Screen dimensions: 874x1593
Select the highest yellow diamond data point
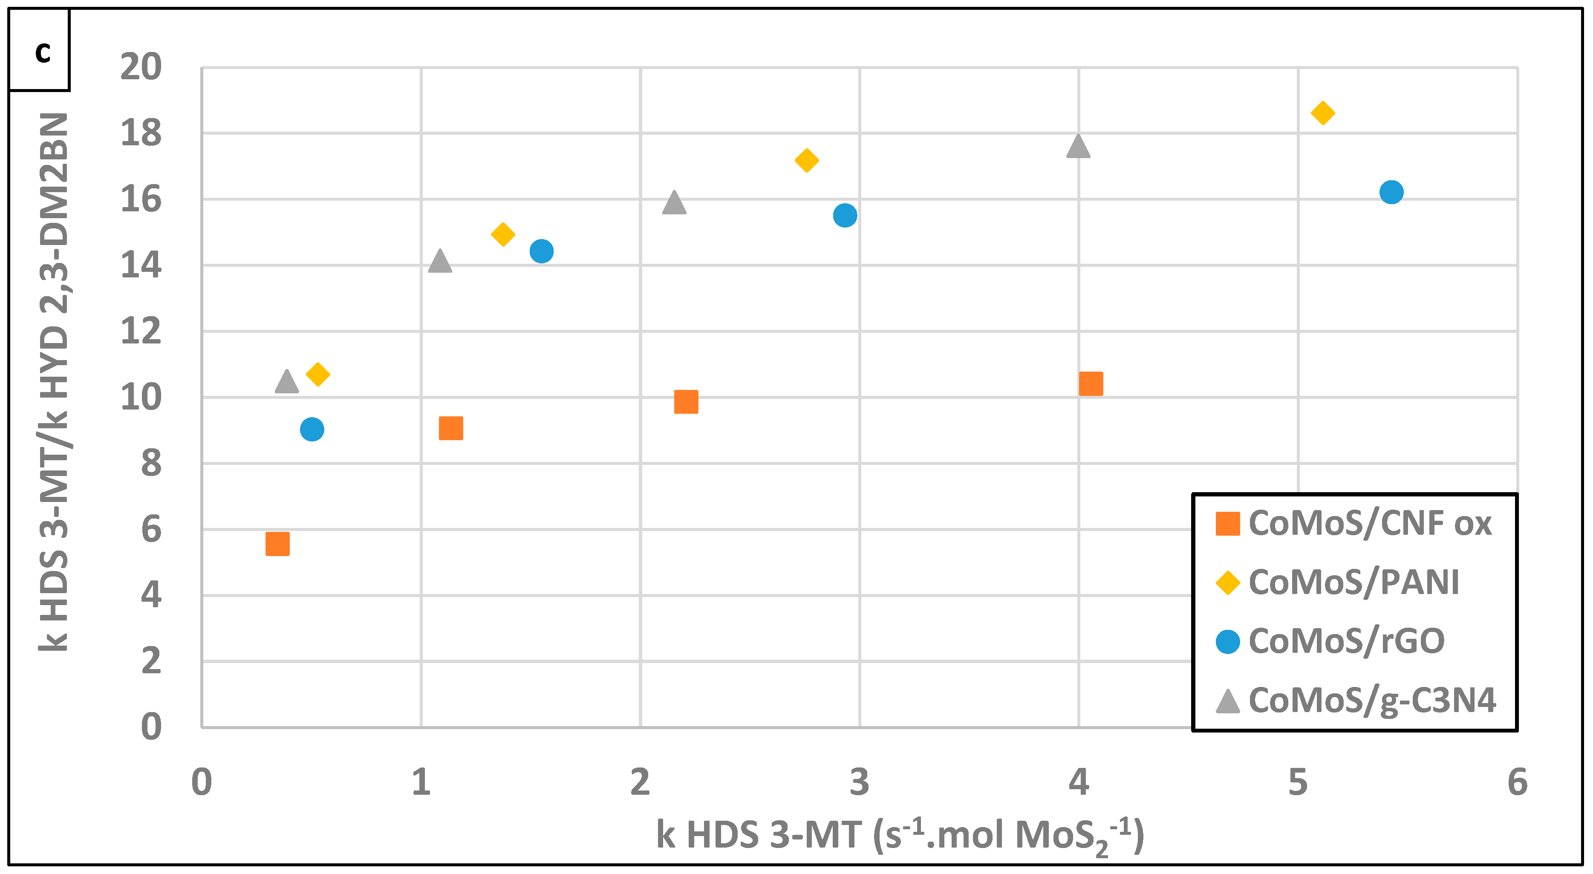[1322, 113]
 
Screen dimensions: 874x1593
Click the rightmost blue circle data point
[1391, 192]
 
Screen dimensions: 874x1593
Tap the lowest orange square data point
[277, 544]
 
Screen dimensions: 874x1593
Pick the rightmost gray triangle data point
[1078, 147]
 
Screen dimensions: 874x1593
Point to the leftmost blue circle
[312, 429]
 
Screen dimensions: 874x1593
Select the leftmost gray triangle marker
[286, 382]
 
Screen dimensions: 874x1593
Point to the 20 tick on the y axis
[141, 67]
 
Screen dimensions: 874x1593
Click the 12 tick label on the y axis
[141, 331]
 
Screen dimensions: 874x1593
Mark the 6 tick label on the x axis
[1517, 782]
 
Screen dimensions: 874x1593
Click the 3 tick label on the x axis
[859, 782]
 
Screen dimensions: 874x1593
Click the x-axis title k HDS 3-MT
[900, 835]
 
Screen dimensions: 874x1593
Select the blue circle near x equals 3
[845, 215]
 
